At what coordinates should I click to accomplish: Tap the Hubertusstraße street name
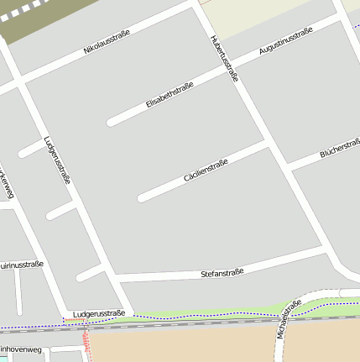pyautogui.click(x=225, y=58)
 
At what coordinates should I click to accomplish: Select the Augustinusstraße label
pyautogui.click(x=285, y=41)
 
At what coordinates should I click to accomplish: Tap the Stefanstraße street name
pyautogui.click(x=222, y=273)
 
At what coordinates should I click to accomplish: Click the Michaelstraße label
pyautogui.click(x=288, y=320)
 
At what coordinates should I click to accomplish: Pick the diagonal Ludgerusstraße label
pyautogui.click(x=57, y=160)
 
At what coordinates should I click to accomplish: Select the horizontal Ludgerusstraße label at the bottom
pyautogui.click(x=98, y=314)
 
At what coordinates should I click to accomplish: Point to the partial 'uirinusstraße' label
pyautogui.click(x=22, y=265)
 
